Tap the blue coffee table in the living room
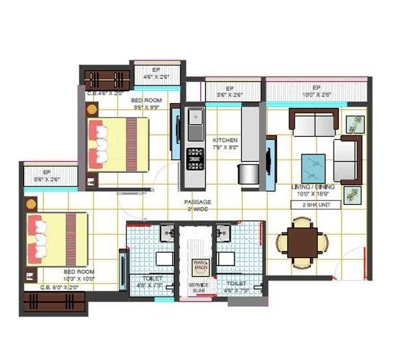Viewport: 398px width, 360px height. coord(313,166)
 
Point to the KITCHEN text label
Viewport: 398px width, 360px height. coord(225,141)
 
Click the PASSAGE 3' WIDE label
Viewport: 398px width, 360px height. coord(196,206)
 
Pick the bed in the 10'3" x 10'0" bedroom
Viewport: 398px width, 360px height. coord(55,238)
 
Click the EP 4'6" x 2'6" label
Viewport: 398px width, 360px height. coord(156,73)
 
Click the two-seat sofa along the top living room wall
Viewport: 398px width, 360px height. coord(313,124)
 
